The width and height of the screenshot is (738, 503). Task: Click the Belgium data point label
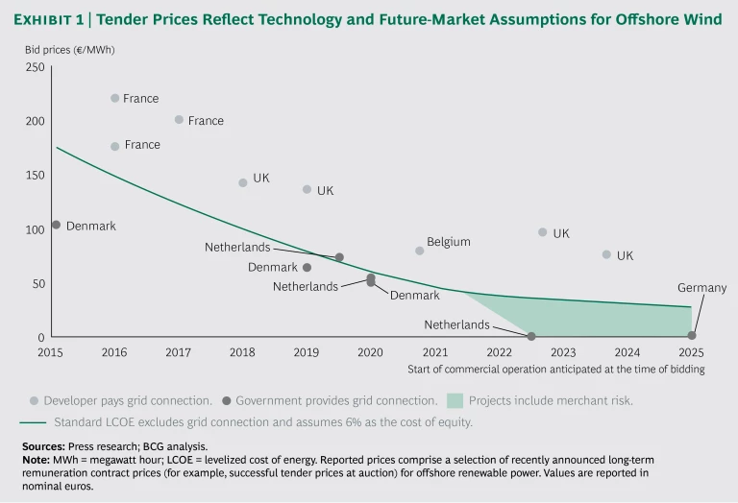[449, 242]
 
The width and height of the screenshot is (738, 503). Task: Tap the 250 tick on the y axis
[35, 67]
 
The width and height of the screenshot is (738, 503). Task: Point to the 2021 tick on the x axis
[434, 352]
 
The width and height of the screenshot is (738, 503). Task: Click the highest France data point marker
[115, 98]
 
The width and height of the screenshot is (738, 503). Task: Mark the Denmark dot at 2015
[56, 225]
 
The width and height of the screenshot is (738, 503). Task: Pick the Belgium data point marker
[420, 251]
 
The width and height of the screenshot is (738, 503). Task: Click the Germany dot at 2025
[691, 336]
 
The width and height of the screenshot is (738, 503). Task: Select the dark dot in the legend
[226, 400]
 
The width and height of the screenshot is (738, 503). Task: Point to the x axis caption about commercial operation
[555, 369]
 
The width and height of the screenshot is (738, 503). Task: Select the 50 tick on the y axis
[38, 283]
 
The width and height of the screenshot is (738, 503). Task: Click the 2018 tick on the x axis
[242, 352]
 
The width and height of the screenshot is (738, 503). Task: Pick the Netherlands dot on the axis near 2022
[530, 336]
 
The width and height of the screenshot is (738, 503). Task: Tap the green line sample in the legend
[34, 421]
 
